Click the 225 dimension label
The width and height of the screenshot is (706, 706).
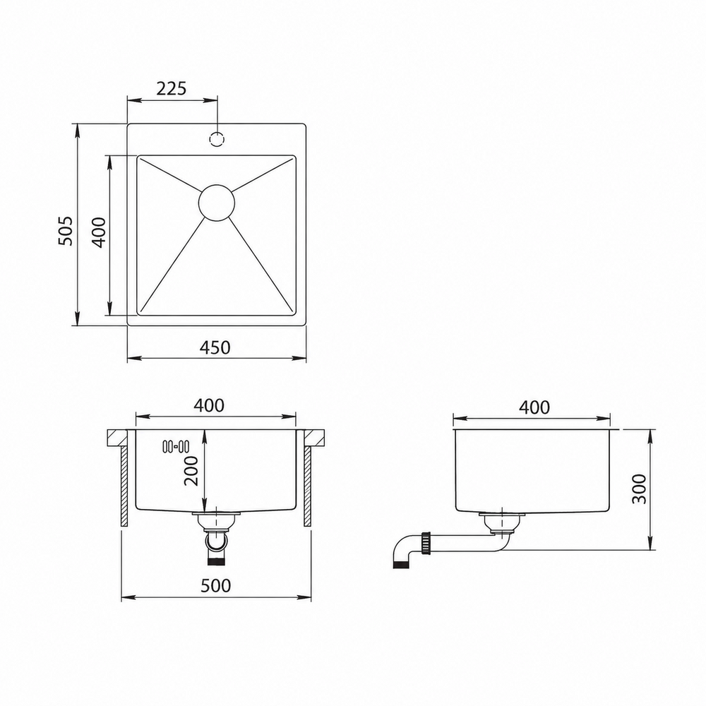pyautogui.click(x=171, y=88)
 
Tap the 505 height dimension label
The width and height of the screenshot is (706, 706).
pyautogui.click(x=66, y=231)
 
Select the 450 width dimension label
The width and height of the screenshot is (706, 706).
pyautogui.click(x=215, y=347)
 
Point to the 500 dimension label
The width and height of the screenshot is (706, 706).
pyautogui.click(x=215, y=585)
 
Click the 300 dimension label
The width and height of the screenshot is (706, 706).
pyautogui.click(x=638, y=489)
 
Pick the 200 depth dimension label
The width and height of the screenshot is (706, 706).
pyautogui.click(x=191, y=470)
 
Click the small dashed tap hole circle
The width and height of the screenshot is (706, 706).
pyautogui.click(x=217, y=139)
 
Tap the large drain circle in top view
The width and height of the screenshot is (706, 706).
pyautogui.click(x=217, y=203)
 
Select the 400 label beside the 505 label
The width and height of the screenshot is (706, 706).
pyautogui.click(x=99, y=232)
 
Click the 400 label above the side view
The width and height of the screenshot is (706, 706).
pyautogui.click(x=534, y=407)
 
